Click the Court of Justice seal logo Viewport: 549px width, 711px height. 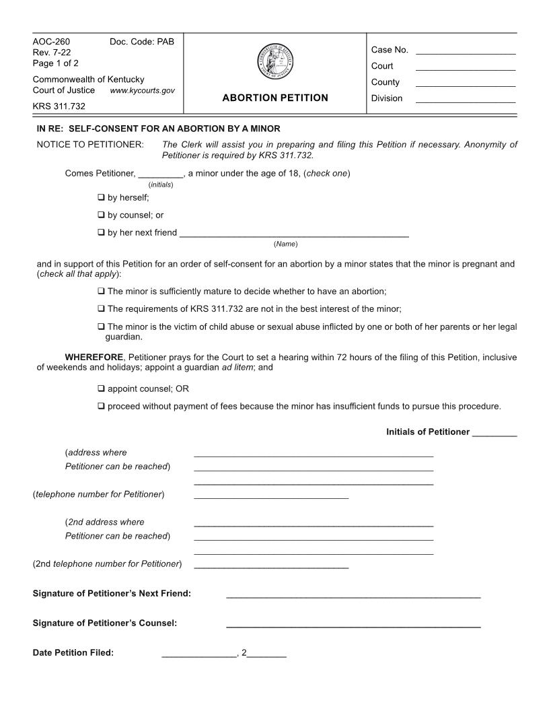(x=274, y=62)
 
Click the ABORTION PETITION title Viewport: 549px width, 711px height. (x=274, y=98)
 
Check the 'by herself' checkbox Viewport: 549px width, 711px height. (x=101, y=198)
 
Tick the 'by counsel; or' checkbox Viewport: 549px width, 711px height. (x=101, y=215)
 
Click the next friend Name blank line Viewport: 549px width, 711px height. (x=294, y=235)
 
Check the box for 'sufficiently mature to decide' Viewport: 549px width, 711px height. (x=101, y=292)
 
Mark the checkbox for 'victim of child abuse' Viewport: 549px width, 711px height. (x=101, y=327)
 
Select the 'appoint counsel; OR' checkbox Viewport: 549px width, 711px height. (x=101, y=388)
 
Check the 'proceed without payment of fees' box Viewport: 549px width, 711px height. (x=101, y=406)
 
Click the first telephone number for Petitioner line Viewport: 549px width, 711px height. (x=271, y=497)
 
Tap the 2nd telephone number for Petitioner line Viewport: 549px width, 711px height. (x=271, y=566)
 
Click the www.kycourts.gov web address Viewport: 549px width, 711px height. (x=142, y=90)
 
